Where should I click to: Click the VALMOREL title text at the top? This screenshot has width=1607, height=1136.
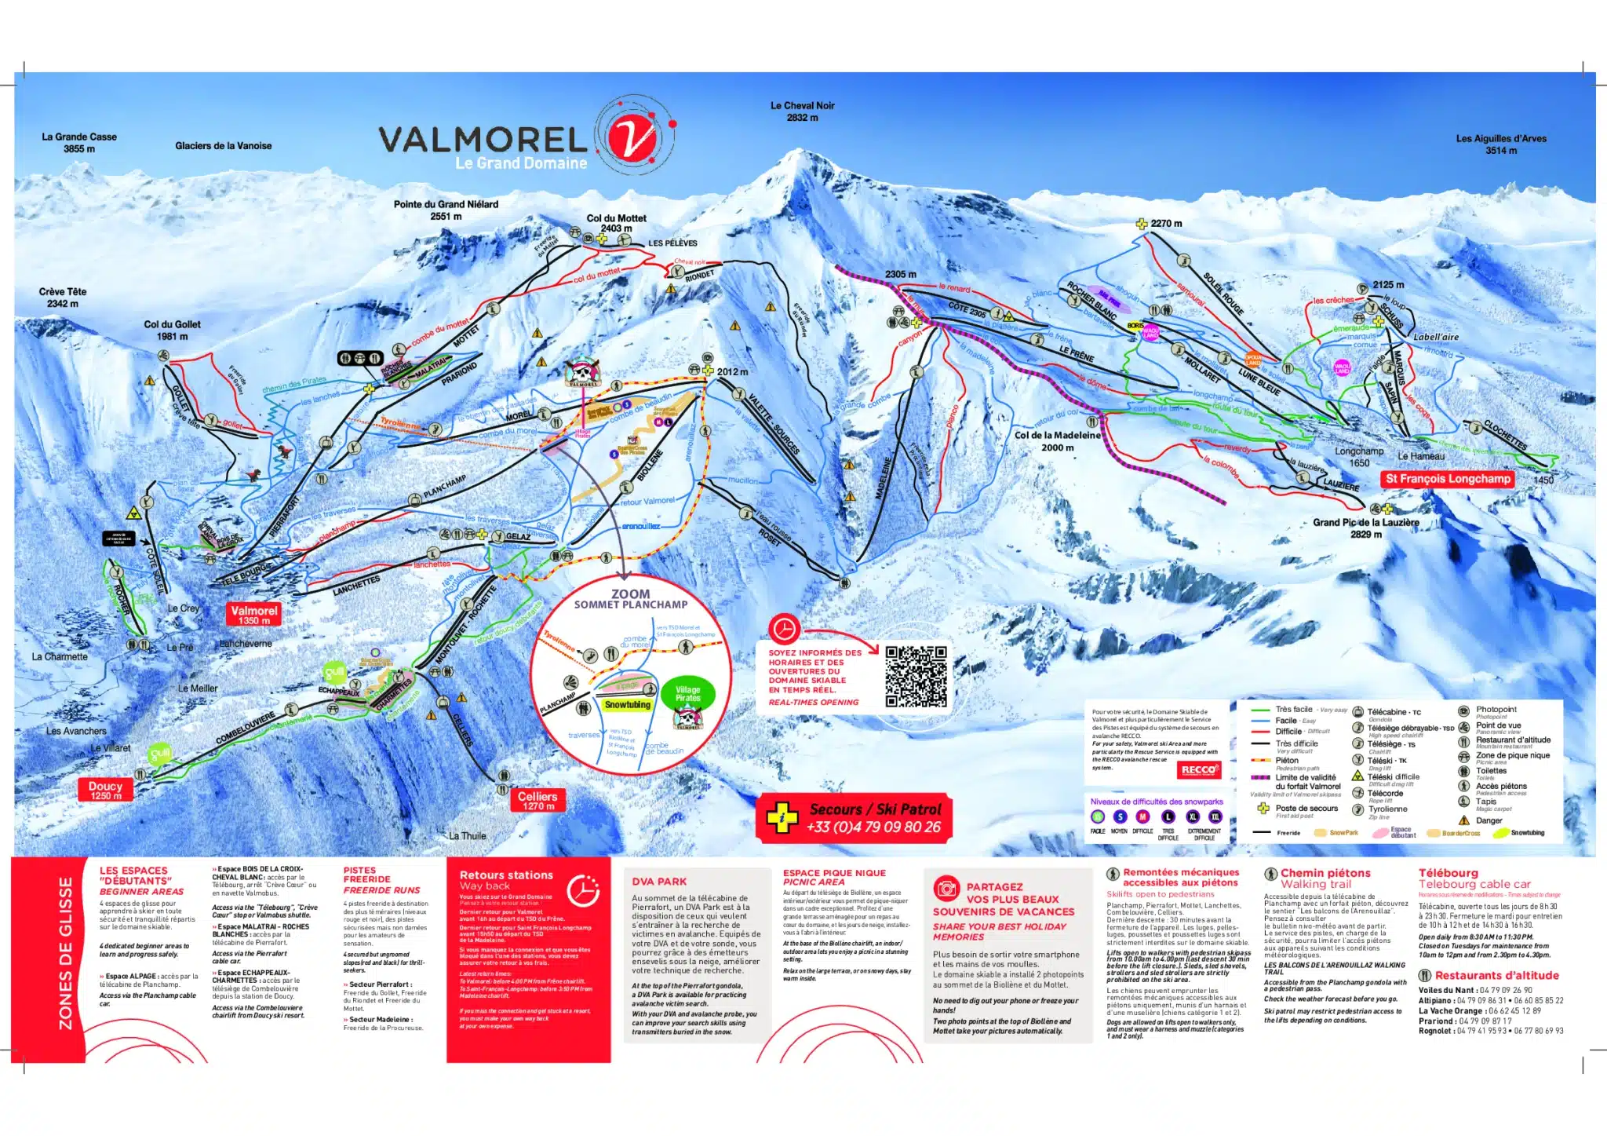tap(483, 141)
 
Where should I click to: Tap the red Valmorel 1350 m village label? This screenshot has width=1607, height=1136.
tap(253, 614)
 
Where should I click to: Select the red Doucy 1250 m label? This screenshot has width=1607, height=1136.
tap(105, 789)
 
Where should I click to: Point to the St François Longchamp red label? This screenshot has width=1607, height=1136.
tap(1447, 478)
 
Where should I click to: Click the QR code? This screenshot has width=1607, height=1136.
tap(915, 676)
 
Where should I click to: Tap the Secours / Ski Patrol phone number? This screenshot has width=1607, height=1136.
tap(873, 827)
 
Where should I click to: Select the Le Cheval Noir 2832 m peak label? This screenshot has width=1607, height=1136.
tap(802, 111)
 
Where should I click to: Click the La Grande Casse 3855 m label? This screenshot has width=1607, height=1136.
tap(79, 142)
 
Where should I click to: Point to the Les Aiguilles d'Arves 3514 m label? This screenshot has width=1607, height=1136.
tap(1500, 144)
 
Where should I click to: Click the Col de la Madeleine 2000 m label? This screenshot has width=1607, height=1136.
tap(1057, 440)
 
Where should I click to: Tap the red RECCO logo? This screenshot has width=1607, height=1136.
tap(1198, 769)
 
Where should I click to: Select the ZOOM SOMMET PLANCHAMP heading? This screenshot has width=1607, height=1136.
tap(630, 599)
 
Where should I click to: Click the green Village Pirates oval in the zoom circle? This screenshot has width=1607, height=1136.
tap(687, 693)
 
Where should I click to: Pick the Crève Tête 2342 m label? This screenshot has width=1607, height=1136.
tap(63, 297)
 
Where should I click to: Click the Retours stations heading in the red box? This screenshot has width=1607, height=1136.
tap(506, 875)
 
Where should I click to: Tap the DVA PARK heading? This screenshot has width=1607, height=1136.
tap(659, 882)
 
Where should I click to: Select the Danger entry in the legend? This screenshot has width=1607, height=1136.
tap(1488, 820)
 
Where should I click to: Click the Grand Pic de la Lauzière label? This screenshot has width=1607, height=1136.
tap(1365, 527)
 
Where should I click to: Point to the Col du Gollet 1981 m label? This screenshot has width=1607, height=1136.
tap(172, 330)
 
